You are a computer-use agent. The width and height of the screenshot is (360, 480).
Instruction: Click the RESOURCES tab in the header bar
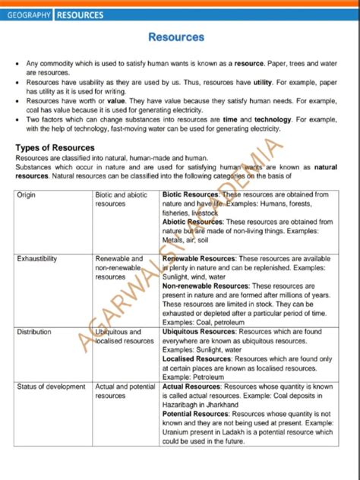(81, 14)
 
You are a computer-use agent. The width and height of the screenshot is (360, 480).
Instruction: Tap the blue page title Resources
(175, 36)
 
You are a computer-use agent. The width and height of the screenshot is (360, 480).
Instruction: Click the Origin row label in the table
(27, 195)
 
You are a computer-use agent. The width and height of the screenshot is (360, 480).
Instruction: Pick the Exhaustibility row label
(37, 259)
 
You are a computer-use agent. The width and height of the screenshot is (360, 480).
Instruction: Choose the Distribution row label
(34, 332)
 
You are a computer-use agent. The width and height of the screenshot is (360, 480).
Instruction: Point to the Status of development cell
(51, 387)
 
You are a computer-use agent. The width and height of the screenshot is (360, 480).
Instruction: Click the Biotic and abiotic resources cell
(122, 199)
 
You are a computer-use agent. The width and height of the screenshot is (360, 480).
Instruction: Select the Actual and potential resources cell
(125, 391)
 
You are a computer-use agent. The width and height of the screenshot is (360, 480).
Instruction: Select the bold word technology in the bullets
(273, 119)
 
